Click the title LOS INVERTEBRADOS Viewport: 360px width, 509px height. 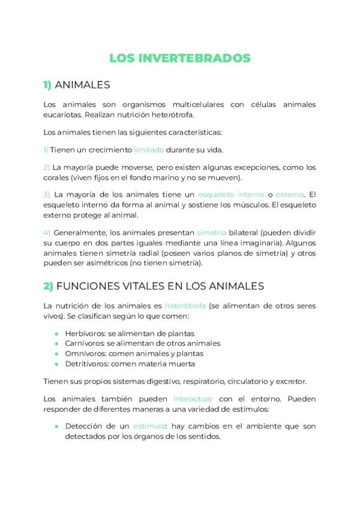click(x=180, y=58)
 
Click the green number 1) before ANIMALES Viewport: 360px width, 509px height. click(x=48, y=85)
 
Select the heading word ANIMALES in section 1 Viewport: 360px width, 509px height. click(x=83, y=85)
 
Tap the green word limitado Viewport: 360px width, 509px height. click(x=149, y=149)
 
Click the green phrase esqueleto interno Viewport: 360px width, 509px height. click(x=230, y=194)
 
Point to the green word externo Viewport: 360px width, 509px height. click(x=290, y=194)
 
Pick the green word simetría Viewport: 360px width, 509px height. click(x=211, y=232)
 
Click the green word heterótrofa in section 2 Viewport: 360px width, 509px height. click(x=185, y=306)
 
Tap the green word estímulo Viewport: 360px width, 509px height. click(x=149, y=426)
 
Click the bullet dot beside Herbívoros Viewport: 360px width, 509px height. click(x=56, y=334)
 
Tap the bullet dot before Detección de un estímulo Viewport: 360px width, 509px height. click(x=56, y=427)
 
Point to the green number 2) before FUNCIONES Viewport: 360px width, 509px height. click(x=48, y=286)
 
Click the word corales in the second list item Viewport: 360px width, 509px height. click(x=56, y=178)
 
